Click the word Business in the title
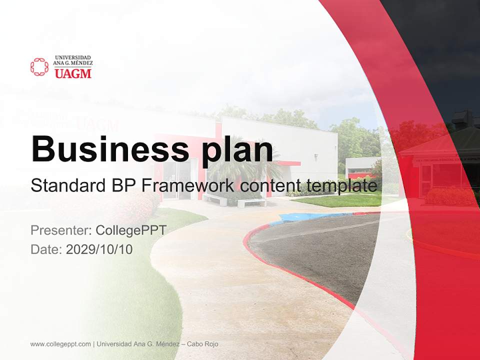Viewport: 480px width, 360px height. pyautogui.click(x=103, y=148)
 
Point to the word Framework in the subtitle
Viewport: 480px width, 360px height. pyautogui.click(x=188, y=186)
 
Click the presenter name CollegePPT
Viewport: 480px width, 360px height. pyautogui.click(x=130, y=230)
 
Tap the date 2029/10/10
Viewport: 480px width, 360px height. pyautogui.click(x=99, y=249)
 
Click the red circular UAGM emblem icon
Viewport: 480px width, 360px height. pyautogui.click(x=39, y=67)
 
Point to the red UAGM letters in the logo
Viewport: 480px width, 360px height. pyautogui.click(x=73, y=73)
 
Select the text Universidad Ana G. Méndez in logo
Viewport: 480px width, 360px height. pyautogui.click(x=73, y=61)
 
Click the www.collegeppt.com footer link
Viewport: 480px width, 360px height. pyautogui.click(x=60, y=344)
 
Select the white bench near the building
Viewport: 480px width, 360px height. pyautogui.click(x=251, y=203)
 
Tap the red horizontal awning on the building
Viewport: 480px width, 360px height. pyautogui.click(x=289, y=163)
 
